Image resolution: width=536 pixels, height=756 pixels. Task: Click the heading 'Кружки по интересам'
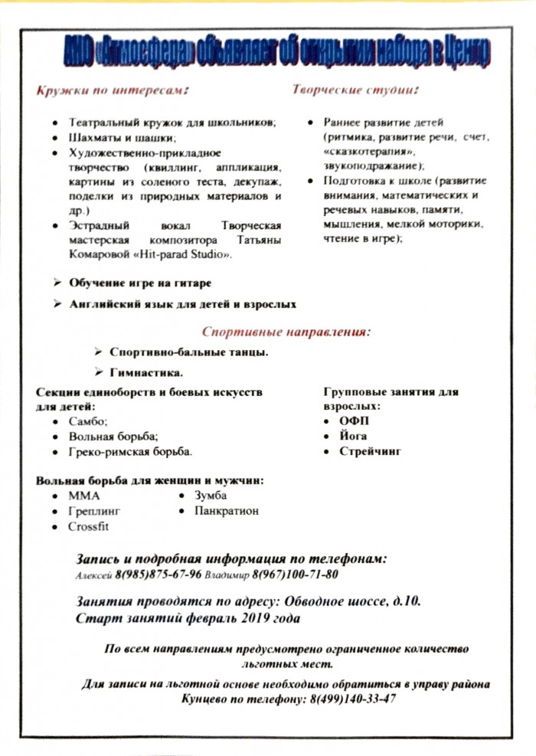(112, 90)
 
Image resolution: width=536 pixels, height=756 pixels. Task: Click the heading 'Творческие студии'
(354, 90)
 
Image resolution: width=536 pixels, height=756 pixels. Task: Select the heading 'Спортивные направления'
(286, 332)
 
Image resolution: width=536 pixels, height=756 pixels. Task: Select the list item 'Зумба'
(211, 495)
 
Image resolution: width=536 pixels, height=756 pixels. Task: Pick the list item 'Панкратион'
(227, 510)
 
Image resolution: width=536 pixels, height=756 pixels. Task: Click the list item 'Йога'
(353, 436)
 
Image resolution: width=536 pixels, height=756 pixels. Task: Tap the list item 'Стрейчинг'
(371, 451)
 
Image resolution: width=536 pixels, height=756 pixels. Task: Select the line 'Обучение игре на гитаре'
(141, 283)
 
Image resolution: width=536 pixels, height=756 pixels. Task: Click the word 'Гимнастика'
(146, 373)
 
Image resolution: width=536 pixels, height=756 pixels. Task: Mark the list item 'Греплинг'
(94, 511)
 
